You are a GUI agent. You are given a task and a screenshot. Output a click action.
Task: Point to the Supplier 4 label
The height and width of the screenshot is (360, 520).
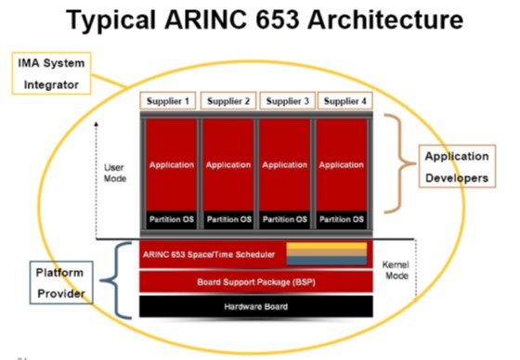pos(343,100)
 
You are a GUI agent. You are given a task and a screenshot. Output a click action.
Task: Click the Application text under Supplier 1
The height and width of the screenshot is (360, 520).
pos(169,165)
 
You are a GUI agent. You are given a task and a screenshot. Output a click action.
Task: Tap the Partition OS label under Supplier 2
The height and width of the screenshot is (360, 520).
pos(227,220)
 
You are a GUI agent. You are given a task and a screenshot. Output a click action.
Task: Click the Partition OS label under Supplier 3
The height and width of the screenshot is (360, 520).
pos(285,220)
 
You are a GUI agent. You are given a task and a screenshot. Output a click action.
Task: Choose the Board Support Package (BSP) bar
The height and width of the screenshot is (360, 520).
pos(256,280)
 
